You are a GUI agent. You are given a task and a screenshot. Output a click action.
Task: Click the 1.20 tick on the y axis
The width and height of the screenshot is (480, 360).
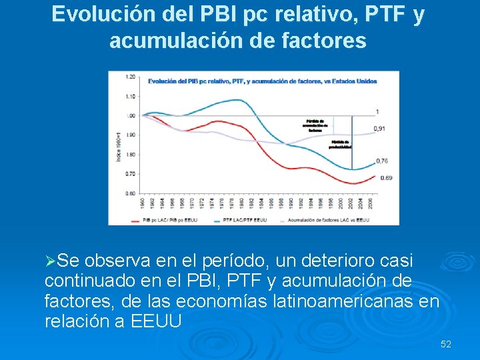131,77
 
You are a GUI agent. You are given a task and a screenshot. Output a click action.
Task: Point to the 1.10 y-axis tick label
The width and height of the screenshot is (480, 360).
131,96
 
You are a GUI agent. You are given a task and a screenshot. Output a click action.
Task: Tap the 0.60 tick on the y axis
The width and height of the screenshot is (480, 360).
131,193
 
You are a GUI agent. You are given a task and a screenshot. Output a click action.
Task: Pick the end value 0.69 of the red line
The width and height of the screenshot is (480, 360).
387,178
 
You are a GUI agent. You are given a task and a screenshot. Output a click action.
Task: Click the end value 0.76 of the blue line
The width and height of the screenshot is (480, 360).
381,161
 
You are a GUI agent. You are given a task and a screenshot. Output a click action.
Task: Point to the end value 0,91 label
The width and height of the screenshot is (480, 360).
379,129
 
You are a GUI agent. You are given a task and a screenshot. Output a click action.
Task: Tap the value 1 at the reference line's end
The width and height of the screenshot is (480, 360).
377,111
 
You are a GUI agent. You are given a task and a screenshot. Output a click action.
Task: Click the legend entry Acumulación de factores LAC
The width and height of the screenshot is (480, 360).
325,219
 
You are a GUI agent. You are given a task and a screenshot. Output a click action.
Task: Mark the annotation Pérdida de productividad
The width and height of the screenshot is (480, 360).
339,144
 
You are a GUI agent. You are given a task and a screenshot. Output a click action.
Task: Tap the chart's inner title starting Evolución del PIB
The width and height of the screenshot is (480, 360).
262,81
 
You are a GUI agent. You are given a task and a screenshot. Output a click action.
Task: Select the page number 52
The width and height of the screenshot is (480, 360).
446,344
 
